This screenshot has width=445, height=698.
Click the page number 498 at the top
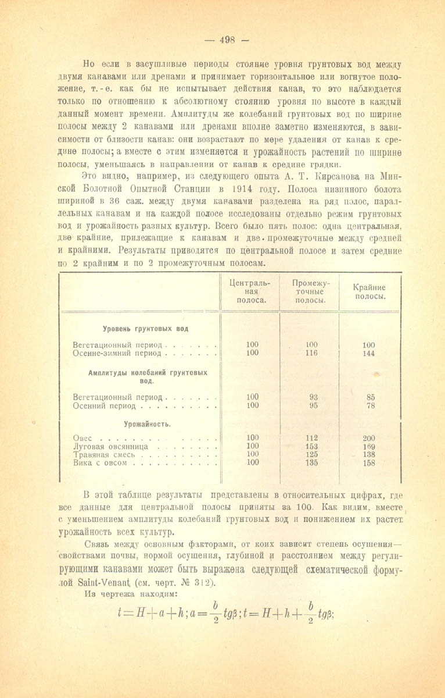pos(227,40)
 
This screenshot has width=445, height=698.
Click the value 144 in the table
pos(368,354)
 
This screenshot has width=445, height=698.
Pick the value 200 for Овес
pos(368,438)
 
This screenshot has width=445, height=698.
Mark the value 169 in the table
pos(368,447)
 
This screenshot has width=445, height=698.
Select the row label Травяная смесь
pos(105,455)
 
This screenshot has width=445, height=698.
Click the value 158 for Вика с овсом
pos(368,464)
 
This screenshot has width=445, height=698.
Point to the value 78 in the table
pos(371,406)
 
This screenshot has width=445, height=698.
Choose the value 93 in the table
pos(314,397)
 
